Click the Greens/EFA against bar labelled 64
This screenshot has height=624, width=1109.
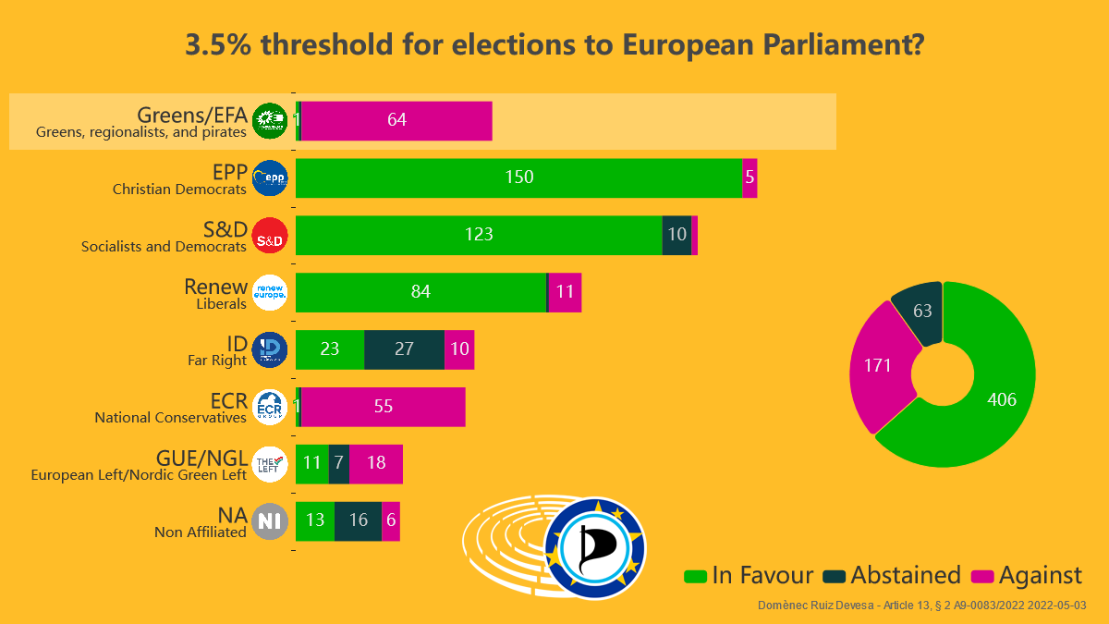396,120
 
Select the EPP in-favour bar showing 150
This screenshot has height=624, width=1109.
518,177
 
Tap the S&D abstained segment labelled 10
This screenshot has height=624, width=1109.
676,235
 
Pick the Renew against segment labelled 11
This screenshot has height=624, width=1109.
565,292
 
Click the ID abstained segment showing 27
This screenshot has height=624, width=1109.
404,349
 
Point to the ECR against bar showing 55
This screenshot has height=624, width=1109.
383,407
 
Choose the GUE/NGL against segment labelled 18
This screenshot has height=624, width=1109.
375,464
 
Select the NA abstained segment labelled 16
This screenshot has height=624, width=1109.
358,520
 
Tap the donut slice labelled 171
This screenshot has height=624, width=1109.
877,366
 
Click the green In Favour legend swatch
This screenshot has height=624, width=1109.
695,576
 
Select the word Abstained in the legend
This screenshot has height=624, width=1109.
906,575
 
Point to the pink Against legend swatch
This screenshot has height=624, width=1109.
982,576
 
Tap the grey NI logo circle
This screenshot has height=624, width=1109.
270,521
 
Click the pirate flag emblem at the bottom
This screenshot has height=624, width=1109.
594,548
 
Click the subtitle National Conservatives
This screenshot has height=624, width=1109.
170,418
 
